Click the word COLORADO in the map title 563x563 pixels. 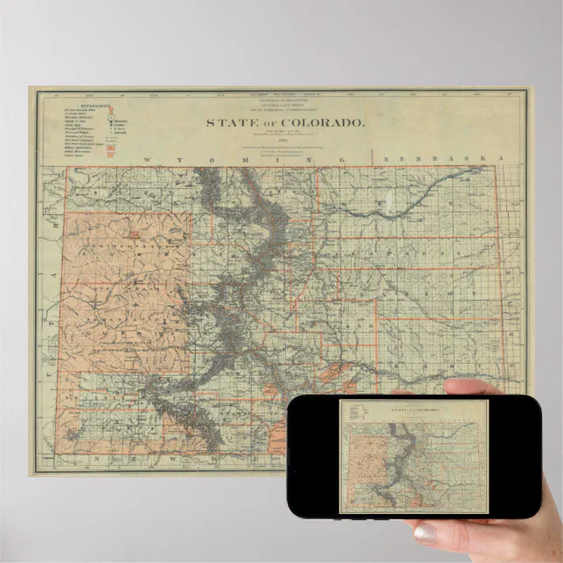[320, 123]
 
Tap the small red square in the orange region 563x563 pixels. [135, 233]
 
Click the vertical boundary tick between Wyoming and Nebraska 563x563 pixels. [373, 158]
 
